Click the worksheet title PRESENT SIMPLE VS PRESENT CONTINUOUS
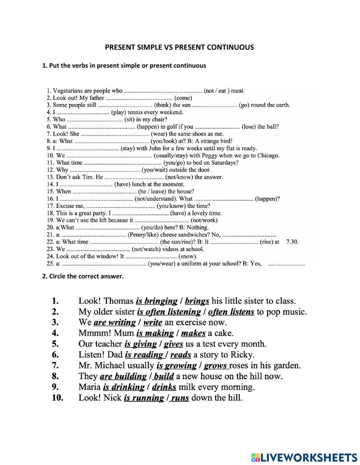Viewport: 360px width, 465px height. [179, 47]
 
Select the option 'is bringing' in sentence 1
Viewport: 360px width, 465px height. [157, 301]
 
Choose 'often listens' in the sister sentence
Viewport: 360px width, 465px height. [231, 312]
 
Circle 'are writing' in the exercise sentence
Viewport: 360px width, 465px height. [114, 323]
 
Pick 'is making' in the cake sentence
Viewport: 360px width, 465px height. [155, 334]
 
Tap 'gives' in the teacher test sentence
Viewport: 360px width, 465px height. [174, 344]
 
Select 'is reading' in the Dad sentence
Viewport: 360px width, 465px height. [143, 355]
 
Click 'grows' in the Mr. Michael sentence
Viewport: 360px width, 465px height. [216, 366]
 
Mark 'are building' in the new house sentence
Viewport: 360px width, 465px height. [123, 377]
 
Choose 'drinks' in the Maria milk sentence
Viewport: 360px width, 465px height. [164, 388]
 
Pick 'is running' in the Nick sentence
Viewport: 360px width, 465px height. [144, 398]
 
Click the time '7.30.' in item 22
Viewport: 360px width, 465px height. [292, 242]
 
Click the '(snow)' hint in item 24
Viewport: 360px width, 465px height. [188, 256]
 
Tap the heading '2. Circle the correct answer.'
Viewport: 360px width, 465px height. [83, 276]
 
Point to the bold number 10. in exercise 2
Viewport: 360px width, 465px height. [58, 398]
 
